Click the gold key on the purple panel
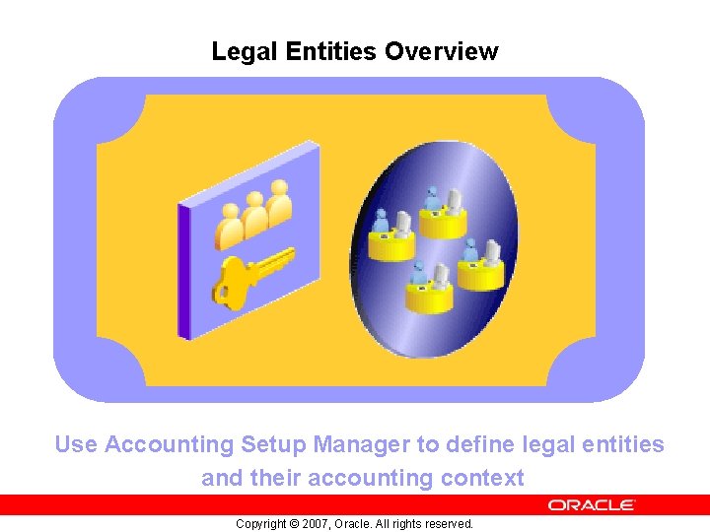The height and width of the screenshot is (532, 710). click(252, 275)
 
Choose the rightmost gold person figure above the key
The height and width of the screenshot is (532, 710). click(280, 203)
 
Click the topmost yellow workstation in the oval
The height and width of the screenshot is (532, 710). click(443, 216)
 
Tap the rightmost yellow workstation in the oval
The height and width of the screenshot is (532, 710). click(480, 267)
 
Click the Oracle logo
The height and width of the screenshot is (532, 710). click(592, 504)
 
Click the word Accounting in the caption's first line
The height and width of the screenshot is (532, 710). click(170, 444)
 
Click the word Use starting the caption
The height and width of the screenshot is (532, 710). click(76, 444)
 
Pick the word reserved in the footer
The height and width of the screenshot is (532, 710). click(450, 524)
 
